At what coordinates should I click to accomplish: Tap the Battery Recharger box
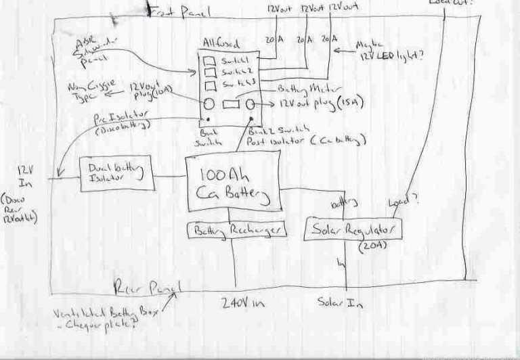(236, 230)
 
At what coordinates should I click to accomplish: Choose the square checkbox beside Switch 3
(210, 85)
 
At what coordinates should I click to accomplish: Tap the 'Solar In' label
(340, 304)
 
